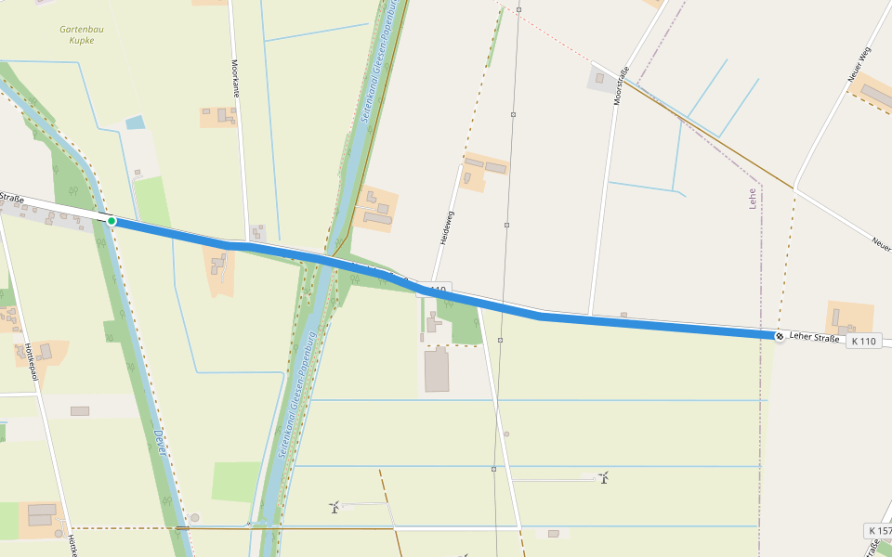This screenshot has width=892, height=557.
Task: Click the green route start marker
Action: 111,221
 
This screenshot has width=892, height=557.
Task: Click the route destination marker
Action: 779,336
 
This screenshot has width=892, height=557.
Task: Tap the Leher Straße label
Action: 815,338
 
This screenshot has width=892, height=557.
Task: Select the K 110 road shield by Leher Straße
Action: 863,341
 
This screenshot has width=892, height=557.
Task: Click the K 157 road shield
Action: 878,531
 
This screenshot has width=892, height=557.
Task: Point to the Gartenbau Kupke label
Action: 82,34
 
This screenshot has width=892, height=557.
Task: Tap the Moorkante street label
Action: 235,78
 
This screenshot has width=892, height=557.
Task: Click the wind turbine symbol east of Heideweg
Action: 604,477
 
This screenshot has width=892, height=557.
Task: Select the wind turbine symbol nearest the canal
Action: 334,507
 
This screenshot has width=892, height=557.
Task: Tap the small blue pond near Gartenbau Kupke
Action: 136,123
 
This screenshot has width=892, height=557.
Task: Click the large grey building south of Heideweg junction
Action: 437,370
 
